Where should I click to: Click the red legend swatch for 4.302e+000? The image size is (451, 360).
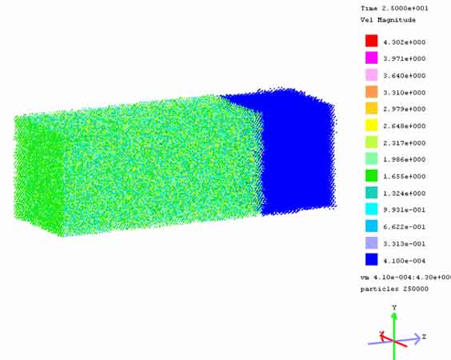click(371, 41)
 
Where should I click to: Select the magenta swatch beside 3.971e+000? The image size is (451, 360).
click(371, 58)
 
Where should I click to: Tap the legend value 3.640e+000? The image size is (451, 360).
click(404, 76)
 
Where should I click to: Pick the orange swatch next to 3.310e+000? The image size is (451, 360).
click(371, 91)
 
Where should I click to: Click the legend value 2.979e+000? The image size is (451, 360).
click(404, 109)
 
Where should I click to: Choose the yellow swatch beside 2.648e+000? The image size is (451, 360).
click(371, 125)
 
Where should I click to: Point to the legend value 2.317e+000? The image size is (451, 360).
click(404, 143)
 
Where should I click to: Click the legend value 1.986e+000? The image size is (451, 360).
click(404, 159)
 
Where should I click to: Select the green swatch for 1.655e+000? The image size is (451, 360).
click(371, 175)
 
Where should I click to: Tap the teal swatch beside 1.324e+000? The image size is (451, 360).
click(371, 192)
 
